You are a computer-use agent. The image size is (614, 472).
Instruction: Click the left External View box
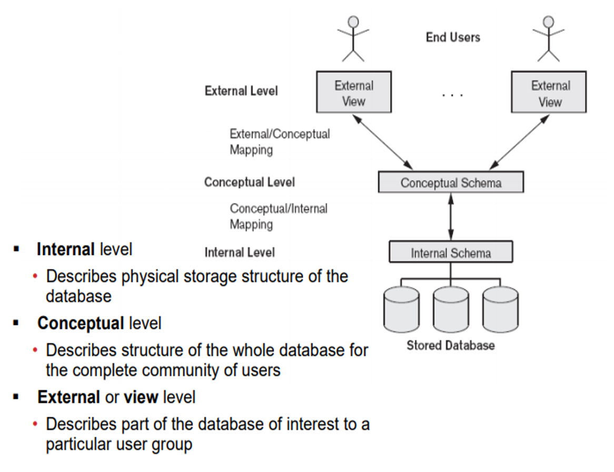pyautogui.click(x=353, y=93)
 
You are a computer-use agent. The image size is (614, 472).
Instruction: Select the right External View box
pyautogui.click(x=549, y=93)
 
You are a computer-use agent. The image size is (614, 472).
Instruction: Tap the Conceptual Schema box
pyautogui.click(x=451, y=183)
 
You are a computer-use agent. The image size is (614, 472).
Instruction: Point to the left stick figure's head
pyautogui.click(x=353, y=22)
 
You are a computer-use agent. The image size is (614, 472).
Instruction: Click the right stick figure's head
pyautogui.click(x=549, y=22)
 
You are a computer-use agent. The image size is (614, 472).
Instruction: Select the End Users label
pyautogui.click(x=453, y=37)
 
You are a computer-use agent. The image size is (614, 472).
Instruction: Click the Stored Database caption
pyautogui.click(x=451, y=346)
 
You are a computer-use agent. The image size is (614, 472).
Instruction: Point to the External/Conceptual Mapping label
pyautogui.click(x=280, y=142)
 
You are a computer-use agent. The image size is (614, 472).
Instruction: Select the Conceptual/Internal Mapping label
pyautogui.click(x=279, y=217)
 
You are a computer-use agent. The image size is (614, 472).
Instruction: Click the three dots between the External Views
pyautogui.click(x=452, y=95)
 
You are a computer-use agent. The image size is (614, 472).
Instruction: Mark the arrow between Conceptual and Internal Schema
pyautogui.click(x=450, y=217)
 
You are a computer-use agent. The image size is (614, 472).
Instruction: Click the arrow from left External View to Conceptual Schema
pyautogui.click(x=383, y=141)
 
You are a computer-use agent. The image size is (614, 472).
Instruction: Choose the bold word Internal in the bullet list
pyautogui.click(x=65, y=249)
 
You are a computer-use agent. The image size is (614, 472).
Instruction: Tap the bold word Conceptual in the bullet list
pyautogui.click(x=80, y=323)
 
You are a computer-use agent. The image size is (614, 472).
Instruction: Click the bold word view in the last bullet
pyautogui.click(x=141, y=397)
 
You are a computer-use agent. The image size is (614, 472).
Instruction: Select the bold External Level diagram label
pyautogui.click(x=241, y=91)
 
